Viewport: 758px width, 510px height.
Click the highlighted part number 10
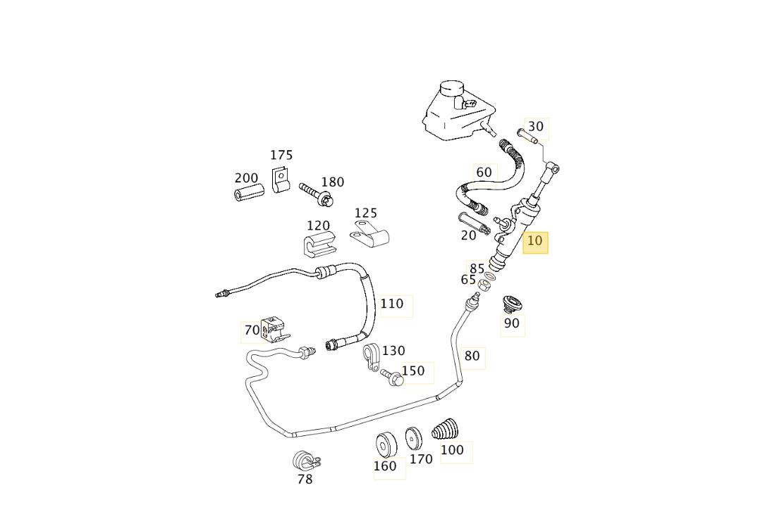(535, 241)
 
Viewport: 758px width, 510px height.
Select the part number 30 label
(536, 127)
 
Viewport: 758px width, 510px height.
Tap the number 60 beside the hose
(484, 173)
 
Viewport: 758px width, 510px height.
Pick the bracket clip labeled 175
(281, 180)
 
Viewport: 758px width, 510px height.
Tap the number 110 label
(392, 304)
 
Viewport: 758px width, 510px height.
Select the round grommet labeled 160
(386, 444)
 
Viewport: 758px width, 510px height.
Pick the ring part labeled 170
(413, 438)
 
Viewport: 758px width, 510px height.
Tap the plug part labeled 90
(511, 304)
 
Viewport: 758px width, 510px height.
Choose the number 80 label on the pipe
(472, 356)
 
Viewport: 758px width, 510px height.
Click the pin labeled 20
(472, 221)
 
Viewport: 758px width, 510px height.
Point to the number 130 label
(393, 351)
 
